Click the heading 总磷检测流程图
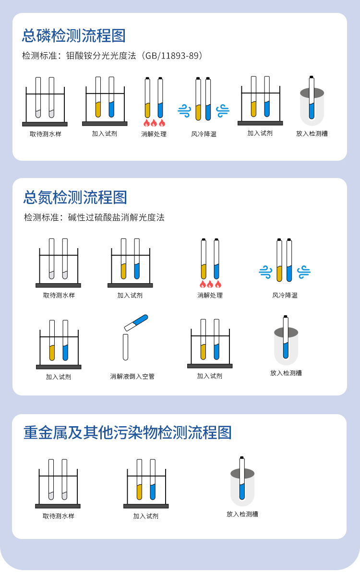pos(74,36)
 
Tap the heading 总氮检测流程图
pos(75,197)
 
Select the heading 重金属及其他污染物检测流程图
pos(128,432)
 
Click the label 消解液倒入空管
pos(132,377)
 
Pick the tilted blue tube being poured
pos(136,322)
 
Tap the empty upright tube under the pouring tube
pos(126,347)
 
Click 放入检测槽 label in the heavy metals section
pos(242,514)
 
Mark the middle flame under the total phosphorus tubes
pos(154,123)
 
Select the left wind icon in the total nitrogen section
pos(265,272)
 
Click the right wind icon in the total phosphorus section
pos(223,111)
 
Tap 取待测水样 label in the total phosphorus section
pos(46,134)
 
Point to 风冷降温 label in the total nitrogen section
pos(285,295)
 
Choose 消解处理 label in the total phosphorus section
pos(154,134)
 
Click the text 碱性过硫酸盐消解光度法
pos(117,217)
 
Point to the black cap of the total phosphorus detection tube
pos(312,77)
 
